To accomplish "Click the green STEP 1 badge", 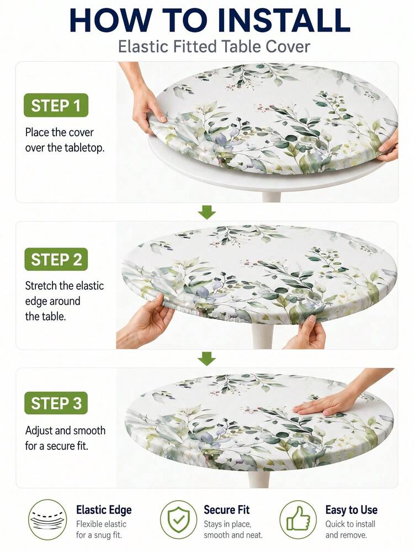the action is tap(56, 105).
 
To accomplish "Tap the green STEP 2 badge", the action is tap(56, 260).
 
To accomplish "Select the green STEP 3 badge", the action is tap(56, 403).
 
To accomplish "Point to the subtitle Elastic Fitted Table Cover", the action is tap(214, 47).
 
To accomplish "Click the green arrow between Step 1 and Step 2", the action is tap(207, 212).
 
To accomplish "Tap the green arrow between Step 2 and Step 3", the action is tap(207, 359).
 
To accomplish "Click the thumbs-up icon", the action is tap(298, 519).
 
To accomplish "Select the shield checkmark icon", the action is tap(179, 519).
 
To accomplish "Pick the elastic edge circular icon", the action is tap(47, 519).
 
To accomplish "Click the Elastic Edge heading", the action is tap(104, 510).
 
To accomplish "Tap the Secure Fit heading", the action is tap(226, 510).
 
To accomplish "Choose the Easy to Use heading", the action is tap(351, 510).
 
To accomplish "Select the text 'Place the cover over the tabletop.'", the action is tap(65, 140).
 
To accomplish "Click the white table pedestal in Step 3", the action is tap(259, 479).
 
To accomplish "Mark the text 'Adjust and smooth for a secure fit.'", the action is tap(65, 438).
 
